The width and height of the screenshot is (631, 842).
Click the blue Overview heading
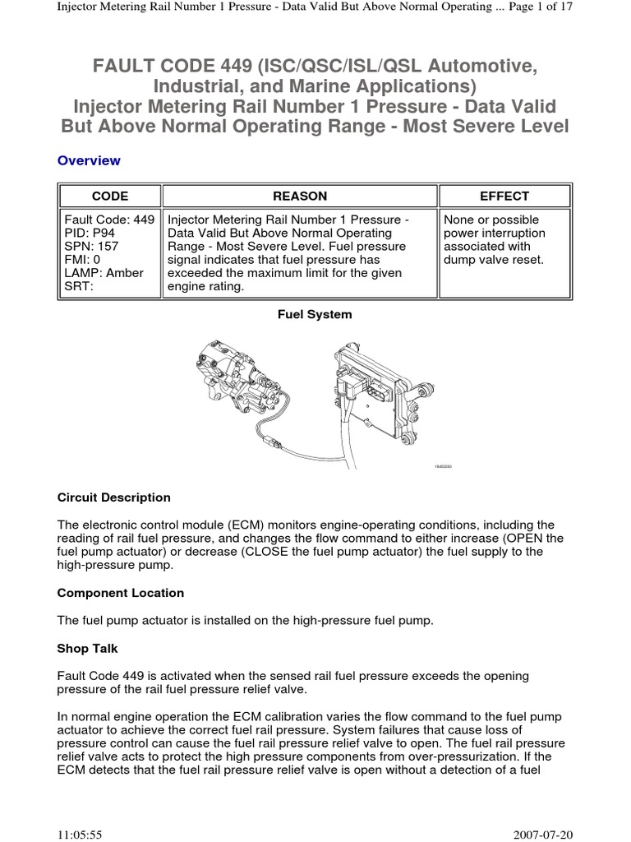89,160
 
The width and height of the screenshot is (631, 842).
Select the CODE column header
109,196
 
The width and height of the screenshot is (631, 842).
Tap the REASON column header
300,196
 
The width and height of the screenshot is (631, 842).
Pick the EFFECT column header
504,196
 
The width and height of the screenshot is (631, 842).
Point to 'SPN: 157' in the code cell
90,246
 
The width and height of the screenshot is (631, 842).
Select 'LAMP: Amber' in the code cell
103,272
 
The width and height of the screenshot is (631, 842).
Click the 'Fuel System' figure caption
315,314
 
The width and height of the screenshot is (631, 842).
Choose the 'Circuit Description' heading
114,497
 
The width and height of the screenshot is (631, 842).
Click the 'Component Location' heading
121,593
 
